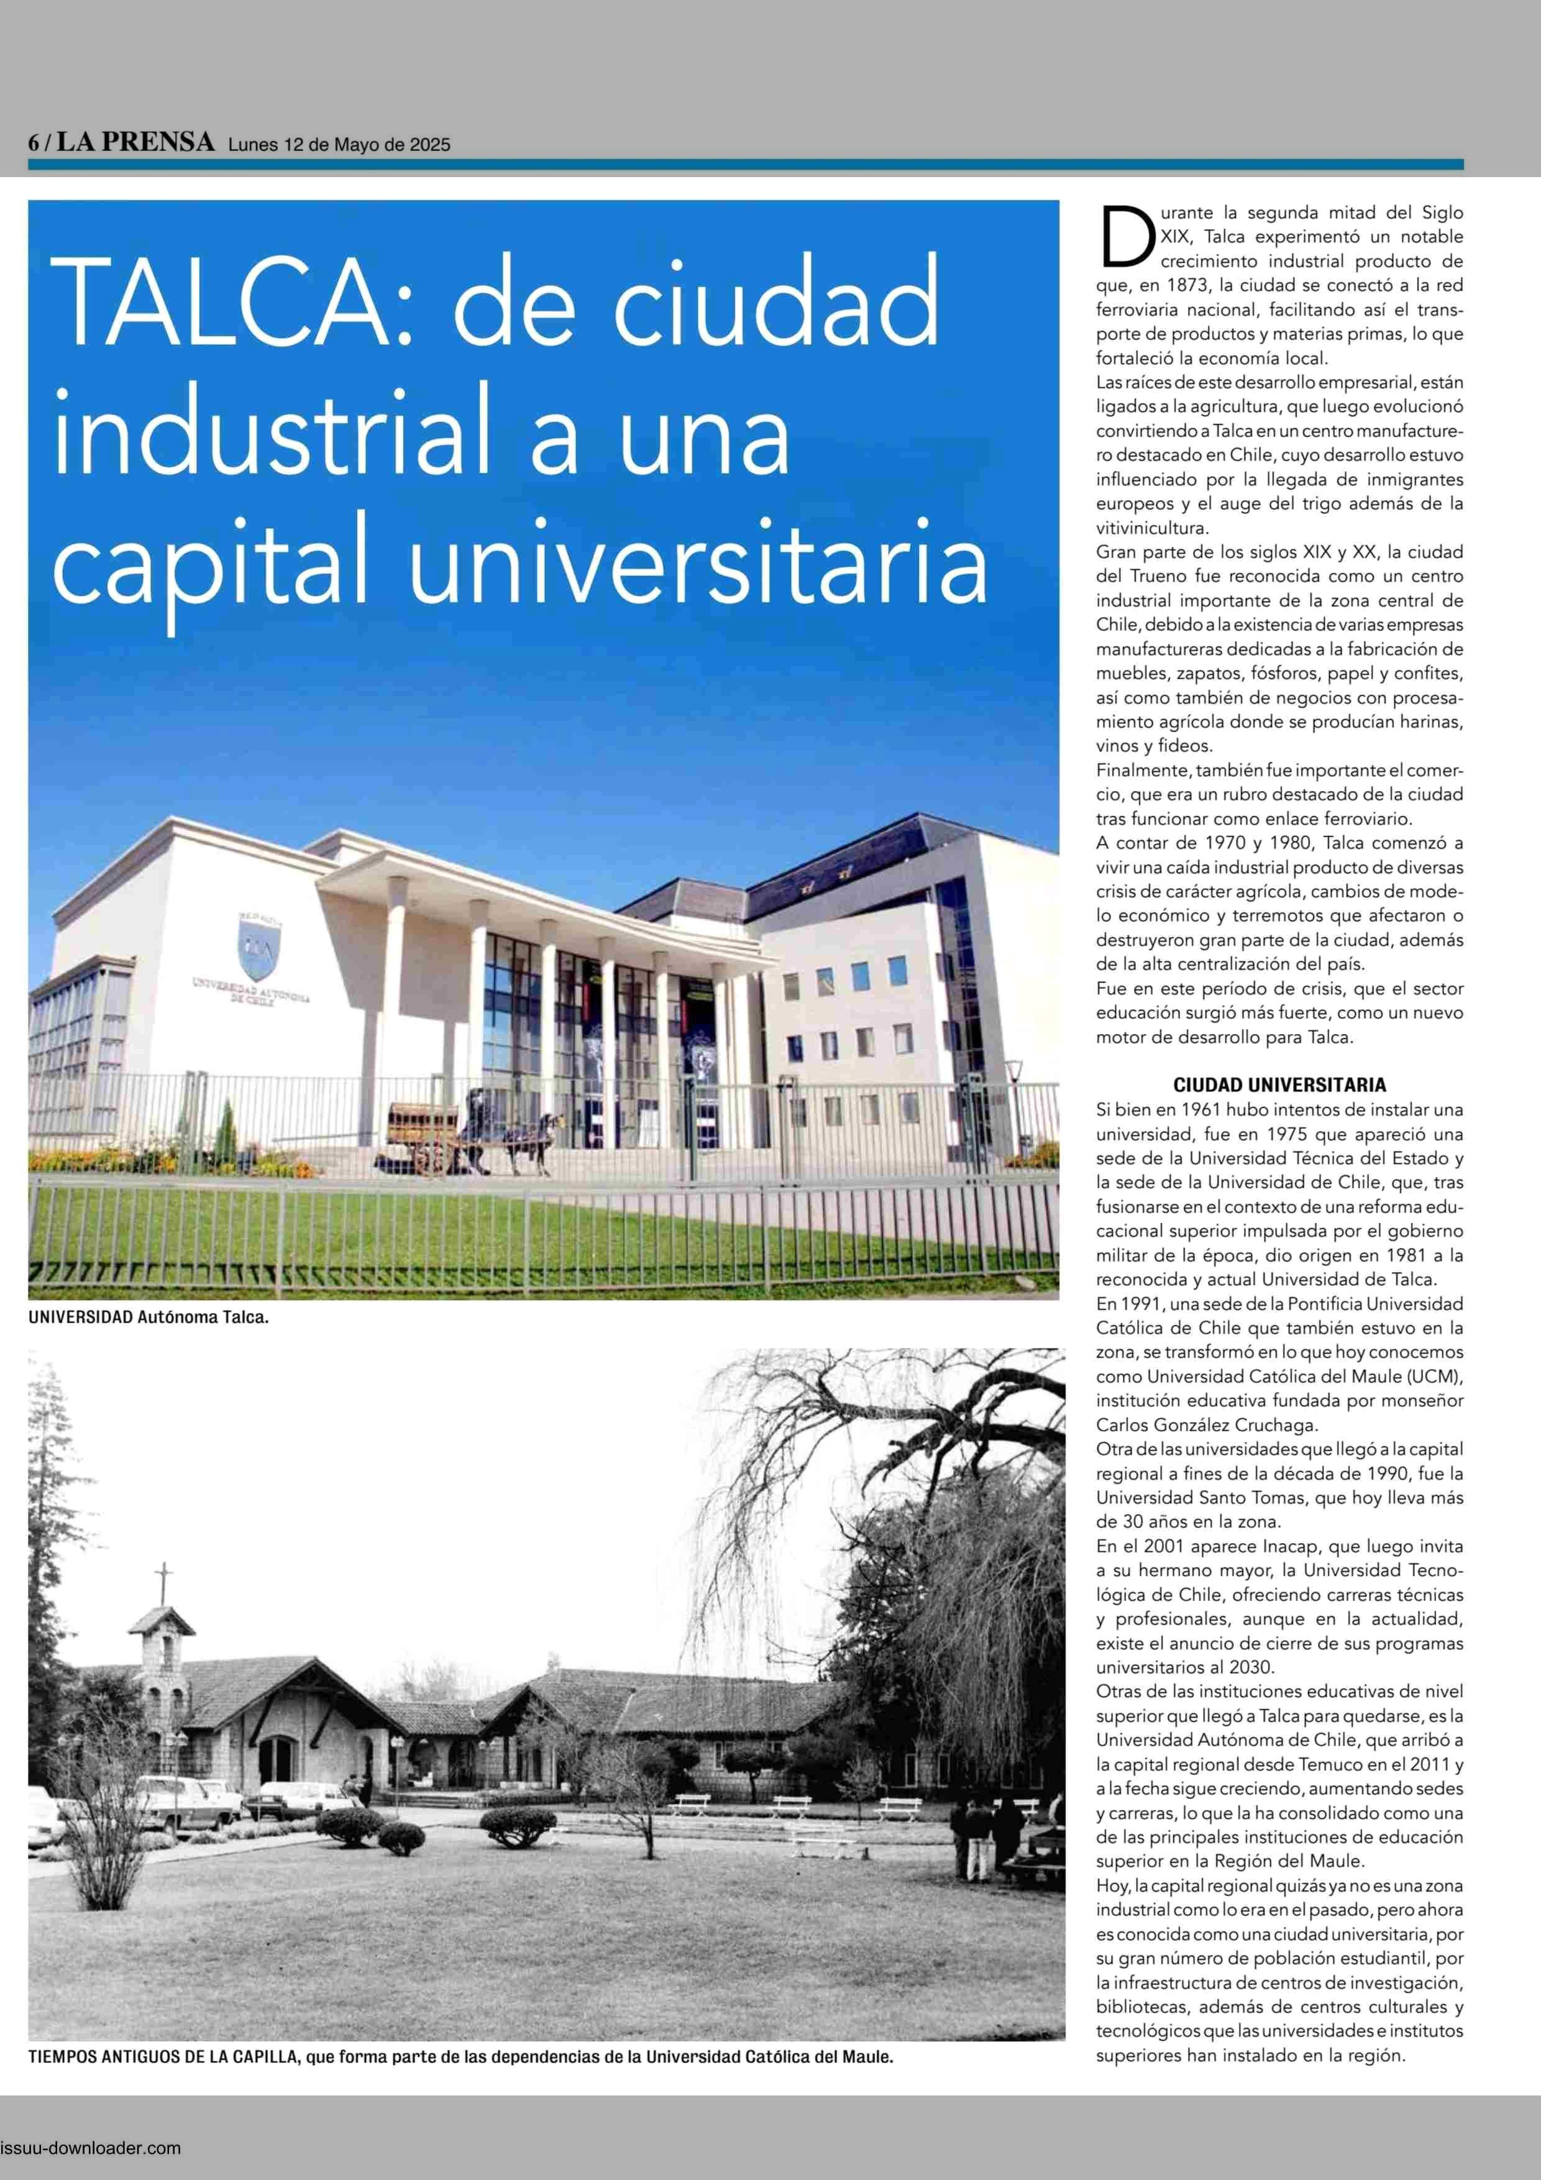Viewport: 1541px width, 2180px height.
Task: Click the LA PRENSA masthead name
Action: click(x=135, y=142)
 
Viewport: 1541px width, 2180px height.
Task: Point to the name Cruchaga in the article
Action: click(x=1271, y=1424)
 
